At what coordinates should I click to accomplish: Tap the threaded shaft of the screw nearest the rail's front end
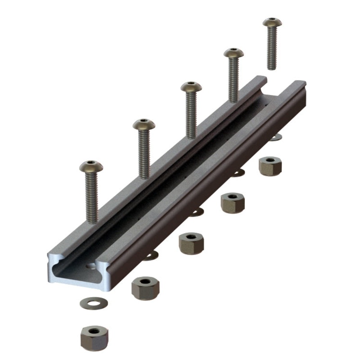(x=92, y=198)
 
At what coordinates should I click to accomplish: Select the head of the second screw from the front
(x=144, y=124)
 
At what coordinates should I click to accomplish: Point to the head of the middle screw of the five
(x=191, y=87)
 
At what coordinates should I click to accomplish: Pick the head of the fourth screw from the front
(x=234, y=53)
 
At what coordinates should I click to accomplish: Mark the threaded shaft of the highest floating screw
(x=271, y=49)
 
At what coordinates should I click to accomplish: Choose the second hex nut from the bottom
(x=145, y=288)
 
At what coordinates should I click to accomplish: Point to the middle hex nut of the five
(x=191, y=243)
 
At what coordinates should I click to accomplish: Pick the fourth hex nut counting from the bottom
(x=233, y=203)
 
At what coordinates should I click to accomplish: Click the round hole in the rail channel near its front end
(x=92, y=266)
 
